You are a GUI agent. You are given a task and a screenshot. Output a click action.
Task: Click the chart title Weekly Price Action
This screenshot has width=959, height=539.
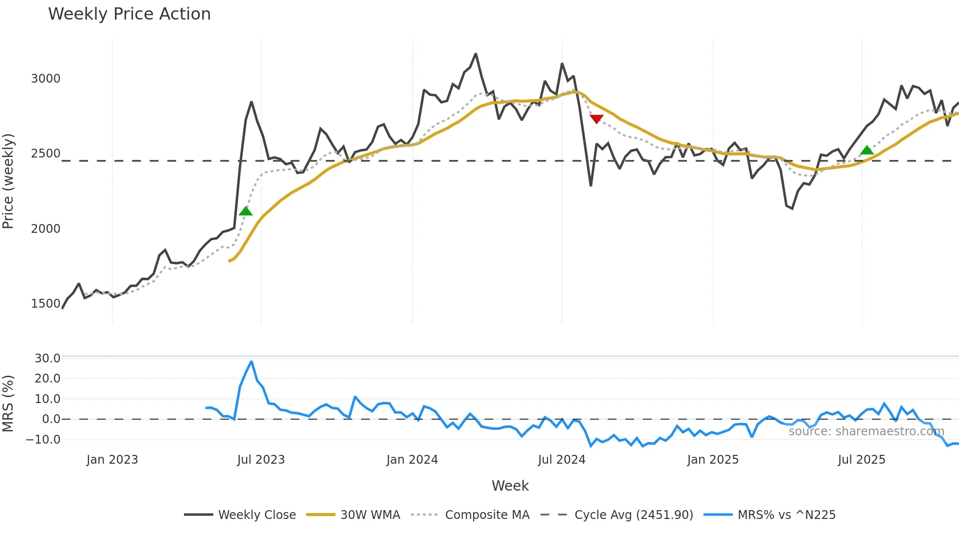coord(129,14)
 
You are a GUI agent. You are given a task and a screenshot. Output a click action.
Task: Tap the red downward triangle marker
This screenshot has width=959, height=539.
coord(596,119)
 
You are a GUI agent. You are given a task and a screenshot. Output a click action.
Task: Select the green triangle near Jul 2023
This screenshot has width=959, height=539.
coord(246,211)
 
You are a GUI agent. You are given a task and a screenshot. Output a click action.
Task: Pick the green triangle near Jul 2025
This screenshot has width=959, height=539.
coord(867,150)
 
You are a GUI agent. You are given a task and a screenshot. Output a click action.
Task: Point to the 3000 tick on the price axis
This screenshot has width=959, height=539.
coord(46,79)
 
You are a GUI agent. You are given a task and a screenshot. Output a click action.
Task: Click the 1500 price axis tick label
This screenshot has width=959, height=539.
coord(46,304)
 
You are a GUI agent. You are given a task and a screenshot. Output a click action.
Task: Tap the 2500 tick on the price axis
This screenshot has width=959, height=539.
coord(46,154)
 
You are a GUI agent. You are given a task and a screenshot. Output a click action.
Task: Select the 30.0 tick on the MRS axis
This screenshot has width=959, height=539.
coord(47,359)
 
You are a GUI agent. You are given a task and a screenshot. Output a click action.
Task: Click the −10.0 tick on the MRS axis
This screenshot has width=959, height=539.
coord(44,440)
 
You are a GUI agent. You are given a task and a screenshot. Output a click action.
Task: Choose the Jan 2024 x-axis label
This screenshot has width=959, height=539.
coord(412,460)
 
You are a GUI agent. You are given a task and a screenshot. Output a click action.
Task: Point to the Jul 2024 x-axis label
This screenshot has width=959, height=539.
coord(562,460)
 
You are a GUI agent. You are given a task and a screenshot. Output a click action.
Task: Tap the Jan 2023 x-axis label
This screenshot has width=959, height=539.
coord(112,460)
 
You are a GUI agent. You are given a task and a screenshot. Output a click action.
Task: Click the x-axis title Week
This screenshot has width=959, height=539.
coord(510,486)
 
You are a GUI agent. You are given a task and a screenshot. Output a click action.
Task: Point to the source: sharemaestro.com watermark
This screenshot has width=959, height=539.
coord(866,431)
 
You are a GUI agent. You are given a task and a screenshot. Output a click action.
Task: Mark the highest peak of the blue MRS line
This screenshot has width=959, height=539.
coord(251,361)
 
